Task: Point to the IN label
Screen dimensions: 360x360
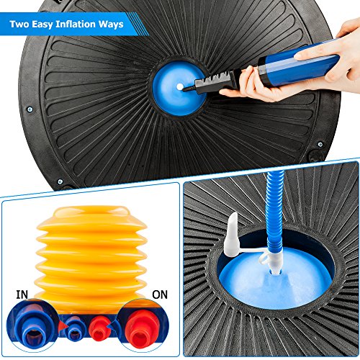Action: tap(22, 294)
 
